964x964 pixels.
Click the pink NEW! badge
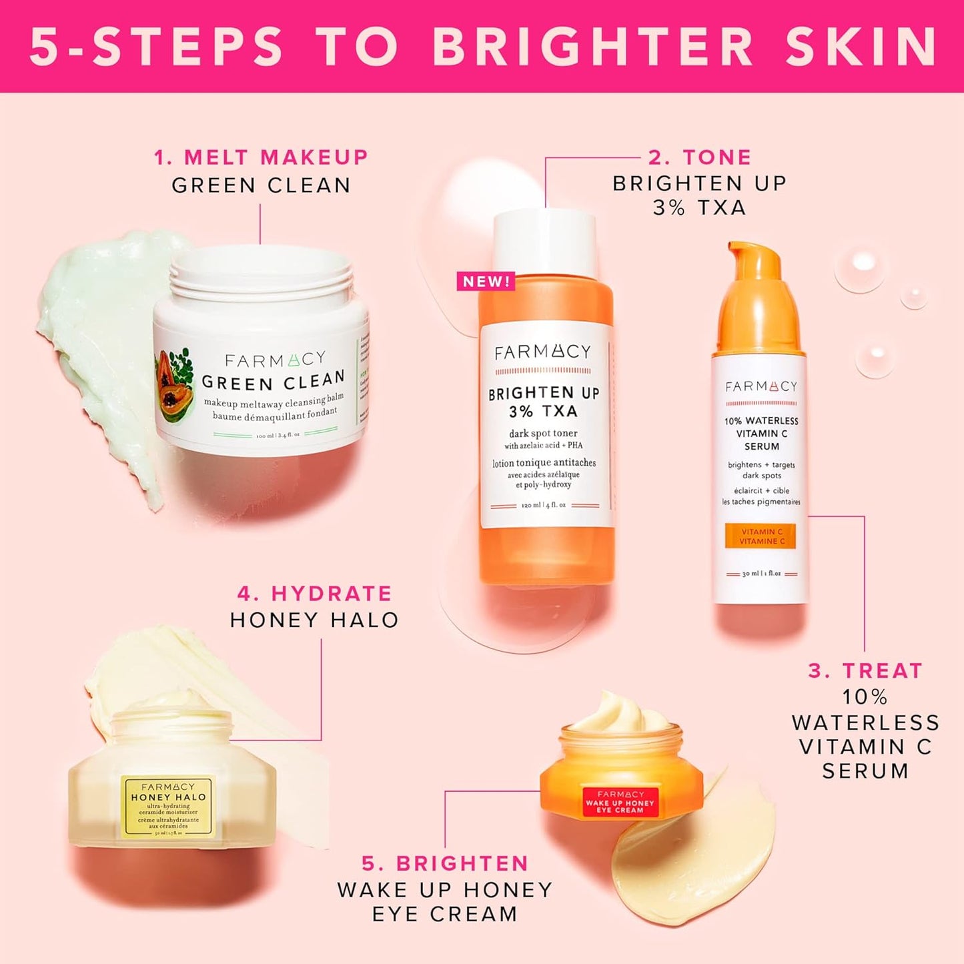(486, 282)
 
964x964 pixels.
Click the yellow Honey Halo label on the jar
(168, 806)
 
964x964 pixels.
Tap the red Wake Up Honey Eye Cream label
(620, 802)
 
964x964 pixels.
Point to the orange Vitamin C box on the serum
(761, 536)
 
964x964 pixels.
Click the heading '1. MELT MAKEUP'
(261, 157)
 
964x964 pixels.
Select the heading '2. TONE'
(700, 157)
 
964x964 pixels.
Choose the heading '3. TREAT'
(865, 670)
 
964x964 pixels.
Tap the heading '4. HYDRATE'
(314, 593)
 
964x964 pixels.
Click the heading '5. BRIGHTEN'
(445, 863)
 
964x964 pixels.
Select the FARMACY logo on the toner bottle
(543, 352)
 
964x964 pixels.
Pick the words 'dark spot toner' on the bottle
(543, 434)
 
